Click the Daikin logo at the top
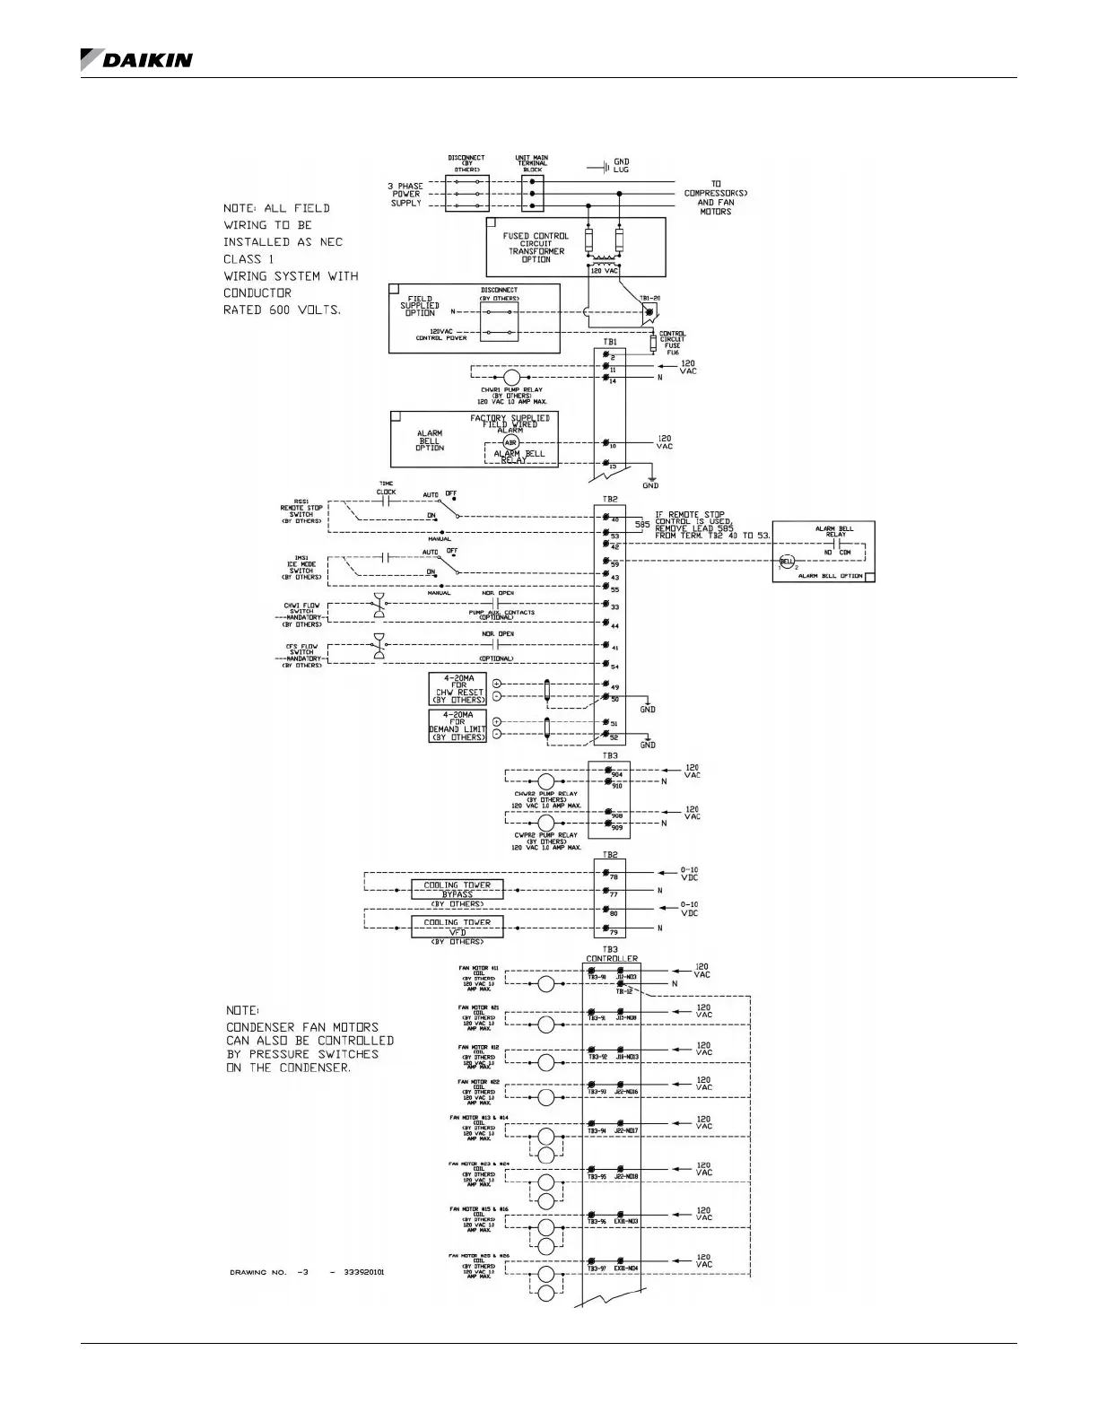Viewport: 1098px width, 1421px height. click(135, 59)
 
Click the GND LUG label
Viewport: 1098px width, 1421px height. click(621, 166)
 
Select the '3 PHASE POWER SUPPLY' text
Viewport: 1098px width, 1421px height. click(405, 195)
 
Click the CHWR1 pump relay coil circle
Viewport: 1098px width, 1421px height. click(510, 378)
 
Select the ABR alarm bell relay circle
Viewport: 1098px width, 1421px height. click(510, 443)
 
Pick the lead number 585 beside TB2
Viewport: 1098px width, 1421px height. click(642, 524)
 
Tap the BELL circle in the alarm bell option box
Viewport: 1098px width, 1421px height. click(786, 562)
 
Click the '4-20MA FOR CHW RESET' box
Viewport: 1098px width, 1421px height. click(457, 689)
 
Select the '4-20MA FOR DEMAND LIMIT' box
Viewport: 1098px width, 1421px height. click(457, 725)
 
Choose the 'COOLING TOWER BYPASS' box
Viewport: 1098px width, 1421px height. click(457, 889)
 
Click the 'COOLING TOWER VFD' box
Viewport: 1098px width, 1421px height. click(457, 927)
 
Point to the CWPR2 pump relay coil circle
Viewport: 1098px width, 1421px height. click(545, 822)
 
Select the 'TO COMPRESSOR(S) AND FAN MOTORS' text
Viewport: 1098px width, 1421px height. click(715, 197)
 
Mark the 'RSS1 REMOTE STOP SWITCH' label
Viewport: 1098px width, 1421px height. click(301, 513)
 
